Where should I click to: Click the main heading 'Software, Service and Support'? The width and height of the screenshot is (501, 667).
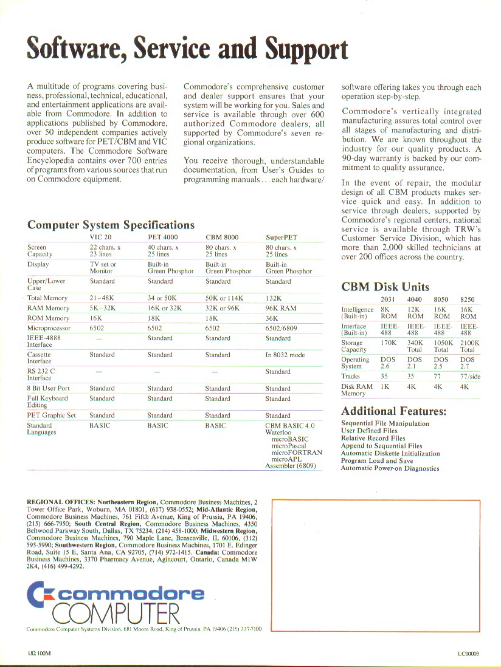pos(187,49)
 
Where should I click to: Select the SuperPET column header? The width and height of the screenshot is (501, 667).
pos(282,237)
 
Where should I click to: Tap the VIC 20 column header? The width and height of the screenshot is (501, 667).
pos(100,237)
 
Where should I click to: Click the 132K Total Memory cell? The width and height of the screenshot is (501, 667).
pos(274,298)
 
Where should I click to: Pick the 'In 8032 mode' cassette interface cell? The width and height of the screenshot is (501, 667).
pos(285,355)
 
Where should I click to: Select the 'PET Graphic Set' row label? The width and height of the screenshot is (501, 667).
pos(52,416)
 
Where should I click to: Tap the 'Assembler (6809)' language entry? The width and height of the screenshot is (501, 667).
pos(290,466)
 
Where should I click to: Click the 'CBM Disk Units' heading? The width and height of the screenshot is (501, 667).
pos(385,287)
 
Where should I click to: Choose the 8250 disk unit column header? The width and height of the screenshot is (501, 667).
pos(468,299)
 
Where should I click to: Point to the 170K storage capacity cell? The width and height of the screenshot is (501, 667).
pos(389,343)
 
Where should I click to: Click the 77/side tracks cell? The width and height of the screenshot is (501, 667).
pos(469,377)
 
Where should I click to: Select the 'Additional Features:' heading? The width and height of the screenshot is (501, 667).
pos(393,411)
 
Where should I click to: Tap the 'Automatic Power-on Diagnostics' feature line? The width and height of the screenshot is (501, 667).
pos(390,468)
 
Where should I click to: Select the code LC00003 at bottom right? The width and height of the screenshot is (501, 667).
pos(469,654)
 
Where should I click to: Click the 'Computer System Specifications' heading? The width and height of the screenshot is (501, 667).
pos(111,225)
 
